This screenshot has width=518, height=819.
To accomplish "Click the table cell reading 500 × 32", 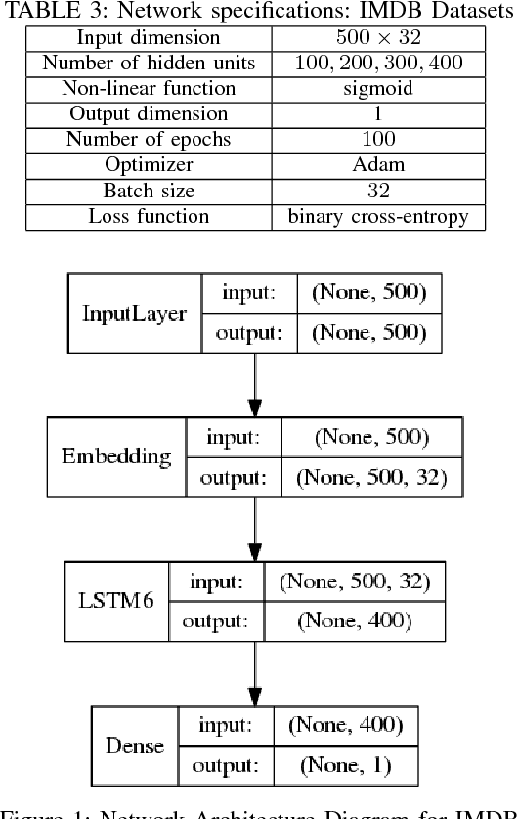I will click(377, 38).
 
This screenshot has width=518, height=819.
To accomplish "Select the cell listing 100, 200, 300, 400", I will click(377, 64).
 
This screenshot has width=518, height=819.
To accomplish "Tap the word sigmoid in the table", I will click(377, 89).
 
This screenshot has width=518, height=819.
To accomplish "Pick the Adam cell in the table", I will click(377, 165).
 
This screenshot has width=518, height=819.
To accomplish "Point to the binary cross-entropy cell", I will click(377, 216).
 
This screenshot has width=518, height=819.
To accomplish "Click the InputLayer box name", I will click(134, 313).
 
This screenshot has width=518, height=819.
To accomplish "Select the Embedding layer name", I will click(116, 456).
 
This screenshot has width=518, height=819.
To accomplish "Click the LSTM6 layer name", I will click(115, 600).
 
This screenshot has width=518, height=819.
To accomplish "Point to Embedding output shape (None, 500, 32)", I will click(370, 477).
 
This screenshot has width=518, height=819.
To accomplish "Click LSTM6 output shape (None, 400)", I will click(354, 621).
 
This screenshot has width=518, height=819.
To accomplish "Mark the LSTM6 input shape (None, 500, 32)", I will click(354, 582).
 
